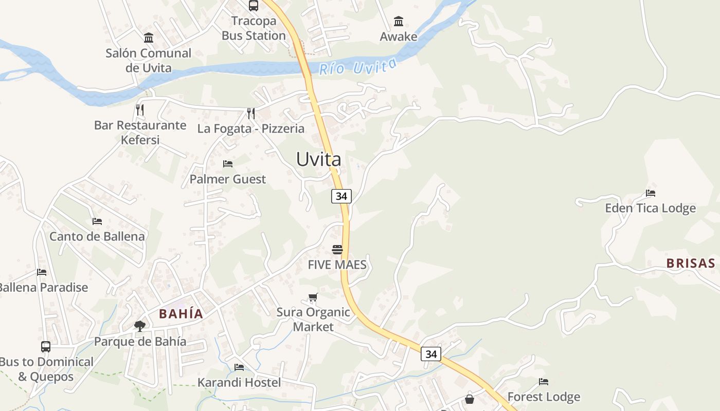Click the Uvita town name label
[318, 159]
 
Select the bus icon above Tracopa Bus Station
[254, 6]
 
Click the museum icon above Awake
[399, 22]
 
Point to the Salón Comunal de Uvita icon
[149, 38]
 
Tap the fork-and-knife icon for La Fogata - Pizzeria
[250, 113]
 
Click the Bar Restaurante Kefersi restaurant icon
[139, 109]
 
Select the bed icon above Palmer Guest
[228, 164]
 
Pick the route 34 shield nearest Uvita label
[341, 196]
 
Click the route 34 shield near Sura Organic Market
[431, 354]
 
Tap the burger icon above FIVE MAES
[337, 250]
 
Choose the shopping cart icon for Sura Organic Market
[313, 297]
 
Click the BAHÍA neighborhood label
[181, 314]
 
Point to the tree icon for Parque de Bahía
[139, 326]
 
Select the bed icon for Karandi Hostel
[239, 367]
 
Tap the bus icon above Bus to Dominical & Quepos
[46, 347]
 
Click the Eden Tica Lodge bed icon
[651, 193]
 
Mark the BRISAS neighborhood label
[691, 264]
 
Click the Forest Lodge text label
[544, 397]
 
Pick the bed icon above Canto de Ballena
[97, 221]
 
